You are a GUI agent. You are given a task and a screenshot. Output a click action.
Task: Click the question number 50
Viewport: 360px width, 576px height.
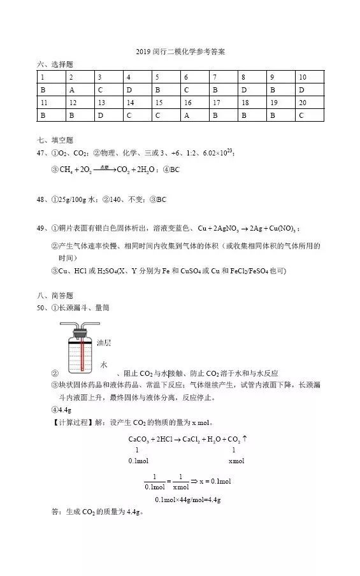[42, 308]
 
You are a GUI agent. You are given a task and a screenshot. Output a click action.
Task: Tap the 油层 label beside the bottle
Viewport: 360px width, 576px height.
[104, 343]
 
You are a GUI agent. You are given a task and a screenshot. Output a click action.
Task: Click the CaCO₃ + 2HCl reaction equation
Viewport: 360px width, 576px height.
[187, 439]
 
